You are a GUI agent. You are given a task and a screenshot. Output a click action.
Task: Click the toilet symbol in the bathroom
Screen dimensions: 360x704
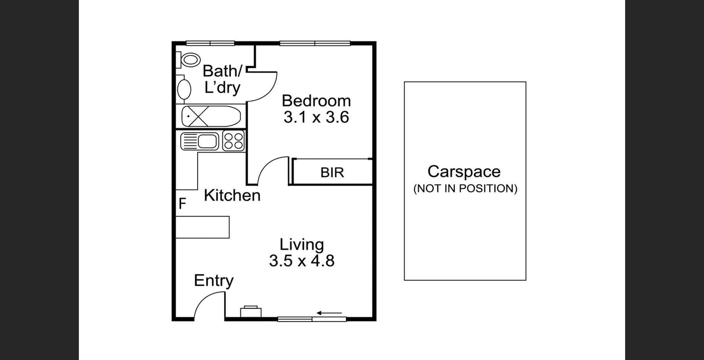tap(190, 59)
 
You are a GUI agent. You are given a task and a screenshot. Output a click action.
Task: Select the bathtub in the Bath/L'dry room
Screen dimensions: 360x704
tap(210, 116)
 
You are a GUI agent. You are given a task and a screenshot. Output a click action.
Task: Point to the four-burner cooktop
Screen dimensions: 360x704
tap(234, 141)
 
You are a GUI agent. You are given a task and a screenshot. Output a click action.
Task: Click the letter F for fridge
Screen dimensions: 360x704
tap(182, 203)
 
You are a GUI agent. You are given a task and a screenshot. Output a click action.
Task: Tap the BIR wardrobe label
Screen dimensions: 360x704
tap(332, 172)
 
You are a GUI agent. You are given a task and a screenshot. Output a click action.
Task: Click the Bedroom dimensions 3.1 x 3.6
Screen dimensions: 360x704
tap(316, 117)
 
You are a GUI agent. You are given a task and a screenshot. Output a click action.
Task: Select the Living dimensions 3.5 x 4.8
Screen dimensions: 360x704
tap(301, 261)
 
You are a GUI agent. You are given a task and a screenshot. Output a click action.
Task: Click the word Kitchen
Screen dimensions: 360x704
tap(232, 195)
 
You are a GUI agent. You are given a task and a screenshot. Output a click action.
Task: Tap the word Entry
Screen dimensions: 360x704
tap(213, 281)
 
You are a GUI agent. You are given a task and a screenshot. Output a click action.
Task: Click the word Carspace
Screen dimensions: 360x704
tap(464, 172)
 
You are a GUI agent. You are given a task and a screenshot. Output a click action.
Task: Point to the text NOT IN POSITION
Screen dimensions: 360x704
tap(465, 188)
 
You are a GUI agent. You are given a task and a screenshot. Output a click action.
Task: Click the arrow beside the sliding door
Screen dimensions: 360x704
tap(329, 313)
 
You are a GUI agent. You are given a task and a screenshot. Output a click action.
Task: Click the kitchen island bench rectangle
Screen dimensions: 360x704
tap(202, 227)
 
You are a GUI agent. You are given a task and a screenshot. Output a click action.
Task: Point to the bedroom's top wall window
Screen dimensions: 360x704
tap(315, 43)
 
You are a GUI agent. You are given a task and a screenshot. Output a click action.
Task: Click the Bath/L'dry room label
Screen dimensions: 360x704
tap(222, 79)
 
